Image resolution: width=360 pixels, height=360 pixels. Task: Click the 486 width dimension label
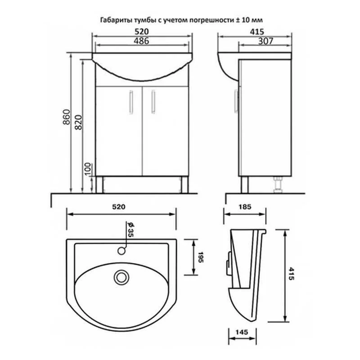tap(141, 41)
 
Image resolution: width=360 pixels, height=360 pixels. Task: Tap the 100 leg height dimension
tap(88, 170)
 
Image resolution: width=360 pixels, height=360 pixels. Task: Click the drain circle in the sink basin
tap(121, 277)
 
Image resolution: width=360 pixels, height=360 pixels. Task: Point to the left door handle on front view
tap(131, 101)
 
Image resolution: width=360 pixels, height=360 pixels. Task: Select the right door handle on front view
tap(153, 101)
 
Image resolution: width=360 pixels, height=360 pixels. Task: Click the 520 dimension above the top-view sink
tap(117, 207)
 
